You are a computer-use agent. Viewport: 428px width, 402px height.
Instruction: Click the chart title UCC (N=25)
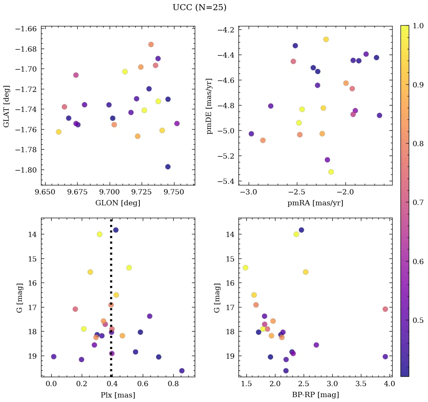pyautogui.click(x=199, y=8)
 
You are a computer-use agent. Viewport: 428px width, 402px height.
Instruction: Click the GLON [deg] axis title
pyautogui.click(x=118, y=203)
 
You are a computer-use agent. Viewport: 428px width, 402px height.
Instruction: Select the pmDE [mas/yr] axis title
pyautogui.click(x=209, y=106)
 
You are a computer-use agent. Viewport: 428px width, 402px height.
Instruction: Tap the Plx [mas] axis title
pyautogui.click(x=118, y=395)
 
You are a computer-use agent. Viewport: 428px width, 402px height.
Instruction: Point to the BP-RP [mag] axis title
pyautogui.click(x=315, y=395)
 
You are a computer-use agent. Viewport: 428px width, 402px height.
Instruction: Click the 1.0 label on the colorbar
pyautogui.click(x=418, y=26)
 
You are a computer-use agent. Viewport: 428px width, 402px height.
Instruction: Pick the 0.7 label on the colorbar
pyautogui.click(x=418, y=203)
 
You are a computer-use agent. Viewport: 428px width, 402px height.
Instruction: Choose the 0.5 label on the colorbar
pyautogui.click(x=418, y=321)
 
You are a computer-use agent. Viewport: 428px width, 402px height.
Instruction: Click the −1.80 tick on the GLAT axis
pyautogui.click(x=26, y=170)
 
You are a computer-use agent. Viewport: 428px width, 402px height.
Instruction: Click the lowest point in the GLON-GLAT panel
pyautogui.click(x=168, y=167)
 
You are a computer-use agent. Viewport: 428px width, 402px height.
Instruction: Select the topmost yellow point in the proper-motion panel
pyautogui.click(x=326, y=40)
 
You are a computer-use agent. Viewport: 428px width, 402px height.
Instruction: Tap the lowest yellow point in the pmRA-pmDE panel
pyautogui.click(x=331, y=172)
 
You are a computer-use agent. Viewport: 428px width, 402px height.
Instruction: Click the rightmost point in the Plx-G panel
pyautogui.click(x=182, y=371)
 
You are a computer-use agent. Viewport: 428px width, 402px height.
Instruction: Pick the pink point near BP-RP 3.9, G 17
pyautogui.click(x=385, y=309)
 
